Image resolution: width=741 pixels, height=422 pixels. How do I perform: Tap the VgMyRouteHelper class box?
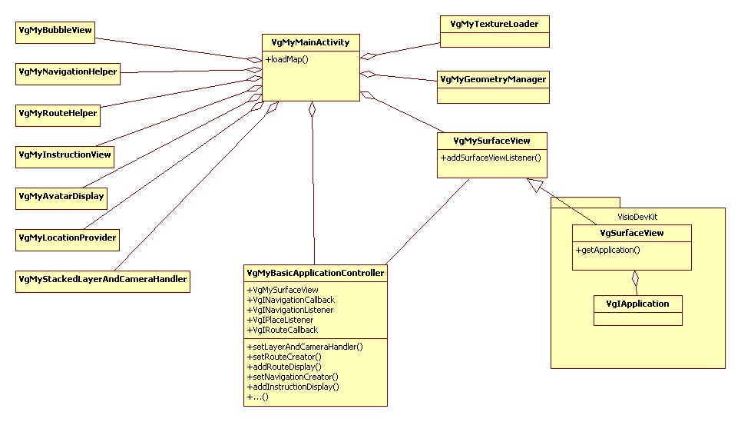pos(58,114)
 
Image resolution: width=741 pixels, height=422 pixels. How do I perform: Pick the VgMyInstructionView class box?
pos(65,155)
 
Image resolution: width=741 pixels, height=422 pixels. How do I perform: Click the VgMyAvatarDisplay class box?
pos(61,197)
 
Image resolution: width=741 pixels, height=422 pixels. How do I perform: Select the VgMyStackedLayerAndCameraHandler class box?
pos(102,280)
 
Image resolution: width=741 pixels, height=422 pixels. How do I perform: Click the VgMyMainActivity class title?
pos(310,43)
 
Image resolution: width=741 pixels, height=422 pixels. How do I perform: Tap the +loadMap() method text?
pos(287,59)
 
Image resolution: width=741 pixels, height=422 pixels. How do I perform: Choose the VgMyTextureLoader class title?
pos(495,24)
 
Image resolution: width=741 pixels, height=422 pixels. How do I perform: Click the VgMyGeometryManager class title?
pos(493,79)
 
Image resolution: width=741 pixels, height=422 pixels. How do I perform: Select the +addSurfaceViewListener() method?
pos(491,158)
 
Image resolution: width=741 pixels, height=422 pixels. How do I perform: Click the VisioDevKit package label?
pos(638,217)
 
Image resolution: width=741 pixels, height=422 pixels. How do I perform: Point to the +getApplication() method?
pos(607,250)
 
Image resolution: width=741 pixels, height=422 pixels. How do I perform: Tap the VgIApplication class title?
pos(637,304)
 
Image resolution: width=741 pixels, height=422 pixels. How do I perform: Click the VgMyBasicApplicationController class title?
pos(315,273)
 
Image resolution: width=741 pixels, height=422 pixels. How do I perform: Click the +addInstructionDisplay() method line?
pos(293,387)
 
